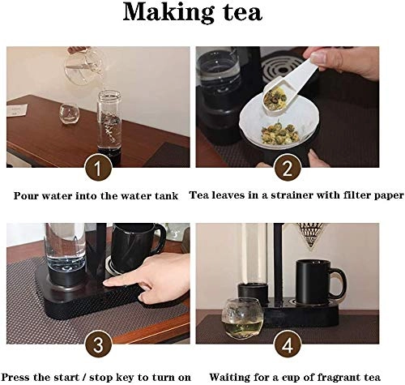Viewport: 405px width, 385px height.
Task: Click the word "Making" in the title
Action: [168, 13]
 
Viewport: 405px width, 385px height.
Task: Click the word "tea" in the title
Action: [243, 14]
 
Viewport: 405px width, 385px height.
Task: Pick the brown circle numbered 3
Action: [98, 344]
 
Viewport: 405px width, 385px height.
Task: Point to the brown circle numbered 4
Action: [288, 344]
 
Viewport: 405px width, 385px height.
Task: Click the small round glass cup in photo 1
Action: [69, 113]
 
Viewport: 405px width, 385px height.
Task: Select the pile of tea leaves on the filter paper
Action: [280, 134]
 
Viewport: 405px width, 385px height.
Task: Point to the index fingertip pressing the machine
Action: [108, 283]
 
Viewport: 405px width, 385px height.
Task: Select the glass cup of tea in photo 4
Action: [242, 318]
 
